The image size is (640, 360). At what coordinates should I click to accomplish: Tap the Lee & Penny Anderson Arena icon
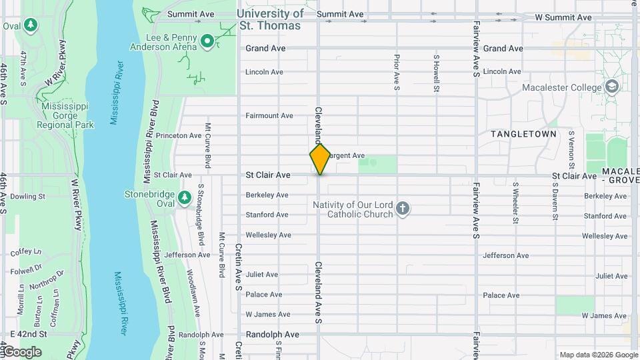(207, 42)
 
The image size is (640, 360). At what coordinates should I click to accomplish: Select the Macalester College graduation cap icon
(611, 87)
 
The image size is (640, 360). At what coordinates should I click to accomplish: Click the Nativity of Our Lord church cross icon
(402, 209)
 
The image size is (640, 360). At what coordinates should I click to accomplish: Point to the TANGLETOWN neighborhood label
(523, 134)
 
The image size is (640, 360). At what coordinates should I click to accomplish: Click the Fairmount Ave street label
(269, 115)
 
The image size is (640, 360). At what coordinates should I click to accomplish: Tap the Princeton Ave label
(178, 135)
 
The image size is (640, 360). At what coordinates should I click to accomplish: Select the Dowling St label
(27, 197)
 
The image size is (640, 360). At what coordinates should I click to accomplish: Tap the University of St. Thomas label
(270, 19)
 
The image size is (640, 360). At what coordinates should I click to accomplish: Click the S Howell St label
(436, 73)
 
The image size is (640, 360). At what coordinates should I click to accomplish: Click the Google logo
(21, 351)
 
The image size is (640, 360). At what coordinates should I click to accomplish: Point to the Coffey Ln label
(26, 251)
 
